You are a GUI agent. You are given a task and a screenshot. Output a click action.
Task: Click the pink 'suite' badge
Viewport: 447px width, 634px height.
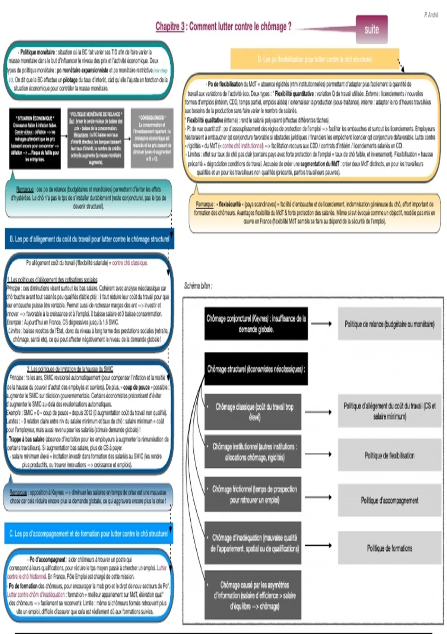[x=371, y=29]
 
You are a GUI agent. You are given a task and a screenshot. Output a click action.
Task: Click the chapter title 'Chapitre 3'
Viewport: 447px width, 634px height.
[x=170, y=26]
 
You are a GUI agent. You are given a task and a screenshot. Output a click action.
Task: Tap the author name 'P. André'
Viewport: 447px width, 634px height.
[x=431, y=15]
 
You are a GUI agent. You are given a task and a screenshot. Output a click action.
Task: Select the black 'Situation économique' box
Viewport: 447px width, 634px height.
[x=35, y=138]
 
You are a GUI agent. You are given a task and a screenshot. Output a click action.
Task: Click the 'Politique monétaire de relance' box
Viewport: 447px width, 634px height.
[x=96, y=138]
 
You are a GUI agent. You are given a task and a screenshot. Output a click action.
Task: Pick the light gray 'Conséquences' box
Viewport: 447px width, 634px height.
[x=152, y=138]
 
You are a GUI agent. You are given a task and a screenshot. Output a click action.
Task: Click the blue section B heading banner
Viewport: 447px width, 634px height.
[x=89, y=239]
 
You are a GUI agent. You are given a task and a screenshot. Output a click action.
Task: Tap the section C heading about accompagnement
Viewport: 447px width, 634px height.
[x=89, y=534]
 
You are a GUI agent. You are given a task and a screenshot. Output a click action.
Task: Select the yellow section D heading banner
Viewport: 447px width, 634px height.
[x=315, y=59]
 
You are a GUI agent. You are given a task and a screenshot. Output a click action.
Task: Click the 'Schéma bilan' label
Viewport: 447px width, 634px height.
[x=198, y=286]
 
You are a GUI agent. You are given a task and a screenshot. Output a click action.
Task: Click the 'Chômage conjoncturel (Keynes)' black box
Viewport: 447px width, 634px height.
[x=256, y=324]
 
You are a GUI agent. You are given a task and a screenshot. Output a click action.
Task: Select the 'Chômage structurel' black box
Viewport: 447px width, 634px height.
[x=256, y=369]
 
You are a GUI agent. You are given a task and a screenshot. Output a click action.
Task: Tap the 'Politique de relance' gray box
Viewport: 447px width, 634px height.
[x=389, y=324]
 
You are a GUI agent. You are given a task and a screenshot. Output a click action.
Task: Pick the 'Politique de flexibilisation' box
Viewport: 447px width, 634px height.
[x=389, y=455]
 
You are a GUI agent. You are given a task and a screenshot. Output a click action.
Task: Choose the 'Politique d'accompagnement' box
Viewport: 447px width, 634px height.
[x=389, y=500]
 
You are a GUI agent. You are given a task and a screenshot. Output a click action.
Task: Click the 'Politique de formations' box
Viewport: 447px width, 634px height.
[x=389, y=548]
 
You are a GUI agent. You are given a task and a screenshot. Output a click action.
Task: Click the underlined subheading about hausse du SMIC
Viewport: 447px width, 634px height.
[x=70, y=369]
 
